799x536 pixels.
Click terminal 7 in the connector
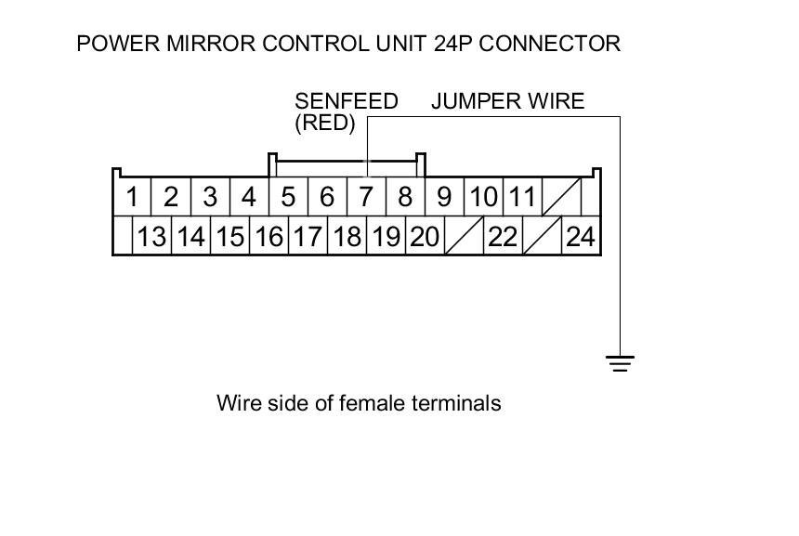[x=366, y=197]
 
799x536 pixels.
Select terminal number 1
[x=133, y=197]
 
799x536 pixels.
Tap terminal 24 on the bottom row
[x=580, y=237]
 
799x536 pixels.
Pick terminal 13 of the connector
[x=151, y=237]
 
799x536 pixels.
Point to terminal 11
[x=523, y=197]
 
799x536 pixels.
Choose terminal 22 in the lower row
[x=503, y=237]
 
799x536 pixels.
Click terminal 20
[x=425, y=237]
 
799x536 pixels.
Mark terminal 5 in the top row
[x=288, y=197]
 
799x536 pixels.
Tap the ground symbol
[x=621, y=362]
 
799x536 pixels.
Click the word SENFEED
[x=347, y=101]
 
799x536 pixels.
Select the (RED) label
[x=325, y=123]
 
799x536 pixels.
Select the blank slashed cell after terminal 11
[x=562, y=197]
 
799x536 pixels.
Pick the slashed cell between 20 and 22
[x=464, y=237]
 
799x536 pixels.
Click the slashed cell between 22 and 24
[x=542, y=237]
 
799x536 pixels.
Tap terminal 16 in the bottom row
[x=269, y=237]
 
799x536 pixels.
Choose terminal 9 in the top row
[x=444, y=197]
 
